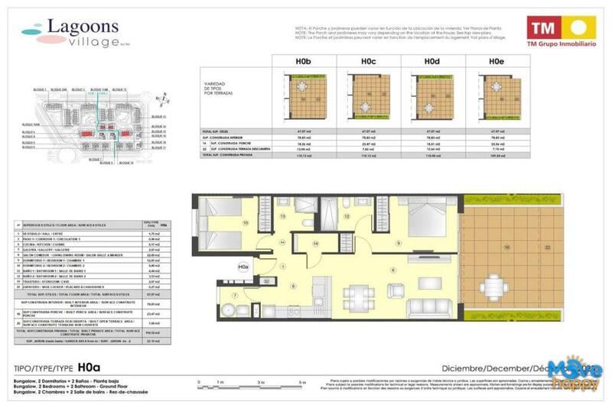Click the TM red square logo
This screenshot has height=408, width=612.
pyautogui.click(x=542, y=29)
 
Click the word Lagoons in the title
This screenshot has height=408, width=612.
pyautogui.click(x=83, y=27)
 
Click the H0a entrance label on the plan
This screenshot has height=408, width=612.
pyautogui.click(x=243, y=267)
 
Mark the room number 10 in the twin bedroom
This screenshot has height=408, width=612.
pyautogui.click(x=246, y=223)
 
